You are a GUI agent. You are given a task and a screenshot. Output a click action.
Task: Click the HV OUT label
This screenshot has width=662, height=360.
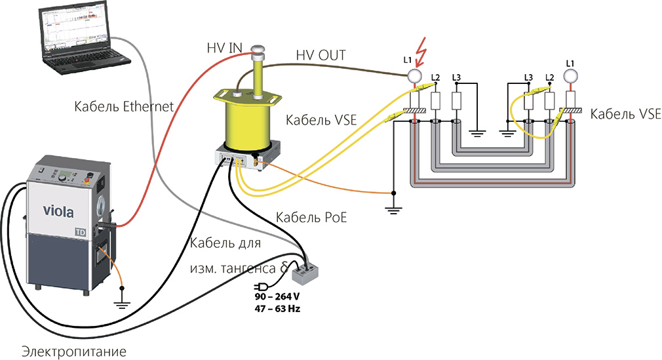point(321,56)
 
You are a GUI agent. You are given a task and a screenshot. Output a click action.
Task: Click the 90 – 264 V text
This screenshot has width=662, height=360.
point(277,296)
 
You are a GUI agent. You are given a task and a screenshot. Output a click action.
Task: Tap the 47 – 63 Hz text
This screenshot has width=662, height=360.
point(277,308)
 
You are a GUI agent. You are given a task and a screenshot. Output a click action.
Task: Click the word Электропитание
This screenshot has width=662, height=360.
point(73,350)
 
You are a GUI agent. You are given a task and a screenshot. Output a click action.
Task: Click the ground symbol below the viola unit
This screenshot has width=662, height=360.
point(121,302)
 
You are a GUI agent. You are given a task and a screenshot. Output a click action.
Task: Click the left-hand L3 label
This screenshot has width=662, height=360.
point(457,77)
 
